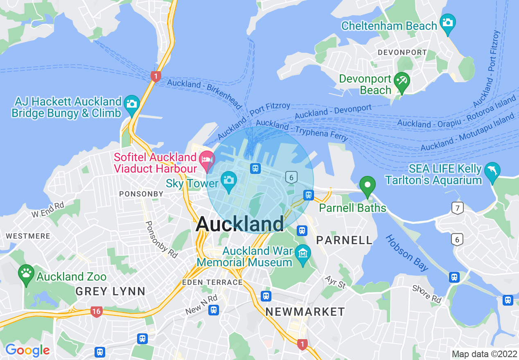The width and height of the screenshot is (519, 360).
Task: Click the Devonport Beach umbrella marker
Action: pyautogui.click(x=401, y=81)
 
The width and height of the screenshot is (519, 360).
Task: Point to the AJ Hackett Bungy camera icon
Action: pyautogui.click(x=132, y=103)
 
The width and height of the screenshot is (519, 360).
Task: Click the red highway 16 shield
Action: pyautogui.click(x=96, y=312)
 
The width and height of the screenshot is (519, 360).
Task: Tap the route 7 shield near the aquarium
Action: pyautogui.click(x=458, y=208)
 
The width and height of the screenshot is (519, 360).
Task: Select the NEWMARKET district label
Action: pyautogui.click(x=305, y=312)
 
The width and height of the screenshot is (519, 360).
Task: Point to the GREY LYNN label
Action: pyautogui.click(x=111, y=291)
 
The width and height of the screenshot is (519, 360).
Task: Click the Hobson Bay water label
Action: pyautogui.click(x=407, y=253)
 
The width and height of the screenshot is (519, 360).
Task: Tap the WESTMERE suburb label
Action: pyautogui.click(x=28, y=236)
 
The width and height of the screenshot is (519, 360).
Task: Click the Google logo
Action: pyautogui.click(x=27, y=350)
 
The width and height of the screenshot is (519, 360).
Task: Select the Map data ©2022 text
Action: pyautogui.click(x=484, y=354)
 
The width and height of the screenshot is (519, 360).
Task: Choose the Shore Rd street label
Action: pyautogui.click(x=427, y=294)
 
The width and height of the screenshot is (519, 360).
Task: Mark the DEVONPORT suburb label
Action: pyautogui.click(x=402, y=53)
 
